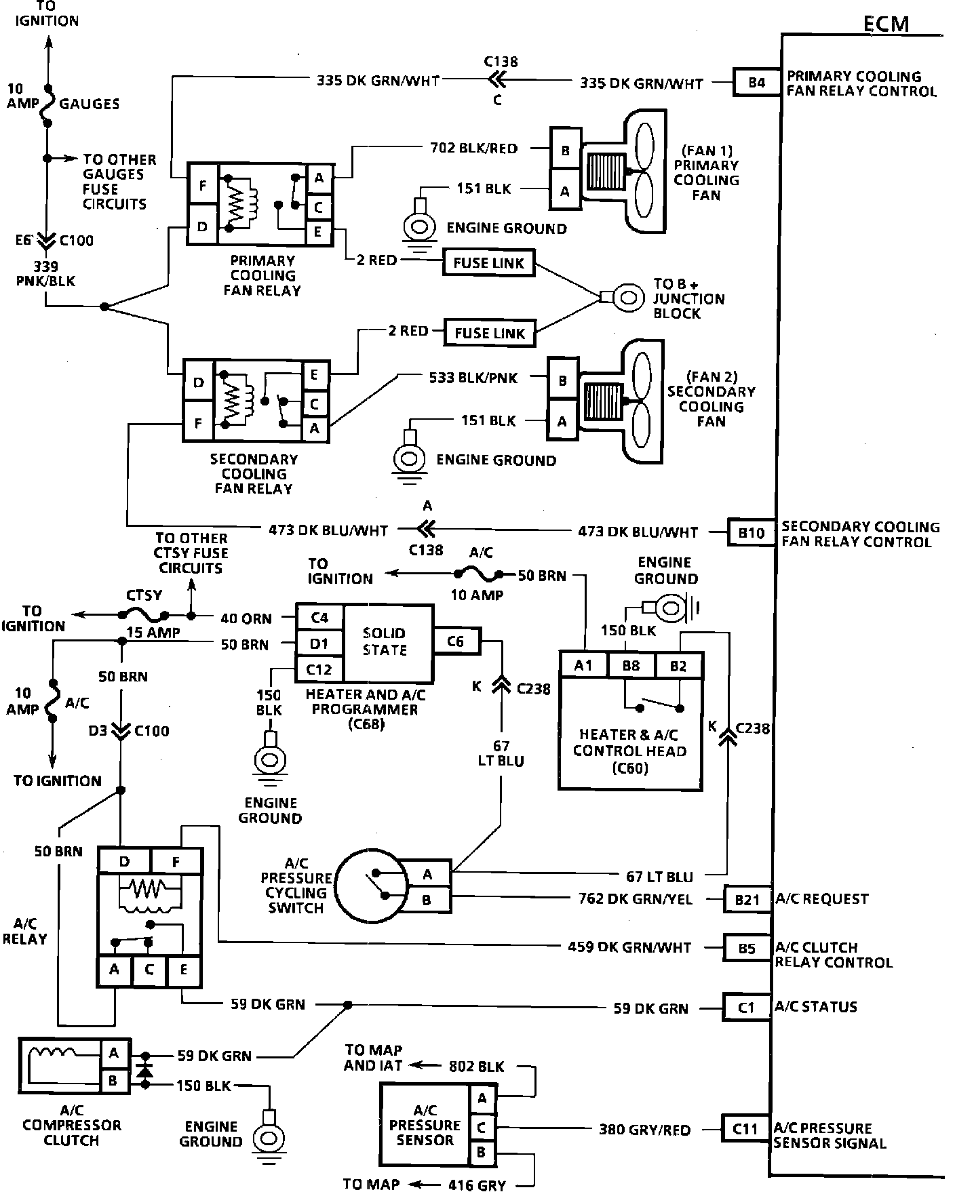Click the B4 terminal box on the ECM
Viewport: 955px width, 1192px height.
click(756, 83)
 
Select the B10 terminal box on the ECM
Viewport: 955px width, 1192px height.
click(751, 533)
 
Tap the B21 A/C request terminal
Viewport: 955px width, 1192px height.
click(747, 899)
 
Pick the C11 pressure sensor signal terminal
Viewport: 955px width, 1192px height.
click(745, 1129)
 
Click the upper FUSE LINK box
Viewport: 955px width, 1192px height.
click(488, 263)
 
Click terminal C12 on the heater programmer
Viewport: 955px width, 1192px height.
click(319, 670)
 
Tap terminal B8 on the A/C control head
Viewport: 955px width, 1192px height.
click(631, 666)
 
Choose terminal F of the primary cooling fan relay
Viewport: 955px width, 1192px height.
click(202, 186)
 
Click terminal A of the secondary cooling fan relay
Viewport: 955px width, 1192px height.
click(315, 429)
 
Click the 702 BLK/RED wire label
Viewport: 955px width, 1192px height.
click(473, 148)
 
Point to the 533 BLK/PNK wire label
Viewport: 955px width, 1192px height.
click(473, 378)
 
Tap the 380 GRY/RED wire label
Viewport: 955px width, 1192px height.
click(644, 1130)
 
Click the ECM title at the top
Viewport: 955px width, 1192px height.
click(886, 24)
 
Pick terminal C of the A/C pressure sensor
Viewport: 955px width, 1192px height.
click(482, 1128)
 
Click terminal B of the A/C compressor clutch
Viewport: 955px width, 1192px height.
click(113, 1080)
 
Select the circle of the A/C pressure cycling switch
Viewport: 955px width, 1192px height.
click(369, 886)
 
